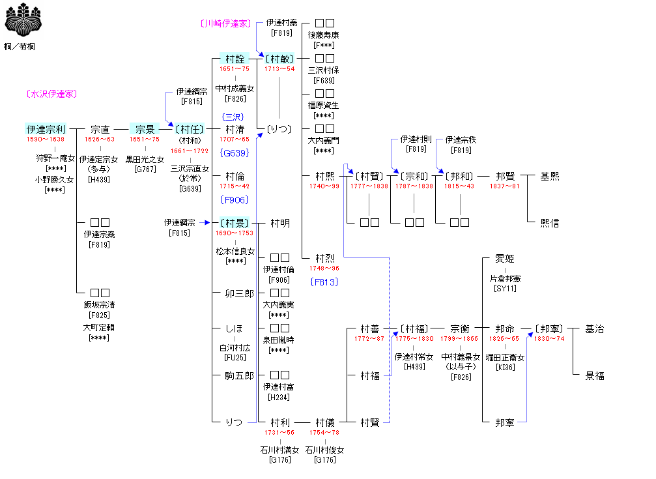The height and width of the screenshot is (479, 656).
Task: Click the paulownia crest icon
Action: (20, 20)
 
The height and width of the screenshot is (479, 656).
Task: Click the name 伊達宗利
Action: (46, 130)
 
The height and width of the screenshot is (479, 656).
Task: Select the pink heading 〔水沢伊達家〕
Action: (52, 94)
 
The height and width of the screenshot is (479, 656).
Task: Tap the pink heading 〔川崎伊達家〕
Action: (225, 23)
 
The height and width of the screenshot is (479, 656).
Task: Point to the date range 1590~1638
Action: (46, 139)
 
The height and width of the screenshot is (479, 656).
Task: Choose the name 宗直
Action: (100, 130)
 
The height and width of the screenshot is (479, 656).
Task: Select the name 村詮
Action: (235, 59)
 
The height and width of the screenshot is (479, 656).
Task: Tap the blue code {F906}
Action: (235, 199)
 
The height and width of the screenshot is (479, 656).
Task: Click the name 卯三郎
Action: (239, 293)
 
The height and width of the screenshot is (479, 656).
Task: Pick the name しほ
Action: (235, 328)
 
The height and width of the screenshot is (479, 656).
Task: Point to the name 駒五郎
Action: (239, 375)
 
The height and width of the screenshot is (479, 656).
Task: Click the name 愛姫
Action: (505, 259)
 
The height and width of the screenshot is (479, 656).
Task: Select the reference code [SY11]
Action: (505, 289)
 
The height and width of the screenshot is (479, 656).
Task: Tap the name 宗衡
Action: (460, 329)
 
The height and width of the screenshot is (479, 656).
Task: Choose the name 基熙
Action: (550, 177)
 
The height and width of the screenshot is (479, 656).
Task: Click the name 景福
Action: (595, 376)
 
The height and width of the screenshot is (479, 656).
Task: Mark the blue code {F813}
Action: (324, 282)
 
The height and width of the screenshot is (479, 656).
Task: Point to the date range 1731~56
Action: (279, 432)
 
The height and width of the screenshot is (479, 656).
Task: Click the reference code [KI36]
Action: (505, 368)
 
